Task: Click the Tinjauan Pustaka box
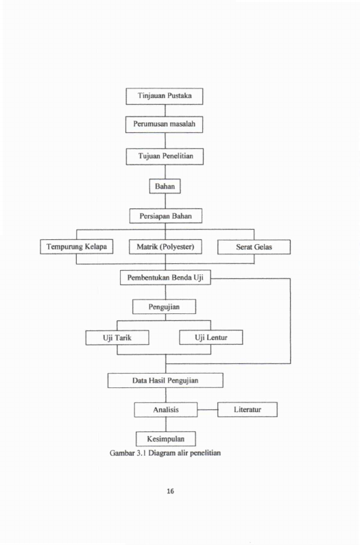click(x=165, y=96)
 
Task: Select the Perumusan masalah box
click(x=164, y=125)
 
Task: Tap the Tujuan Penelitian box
click(x=165, y=156)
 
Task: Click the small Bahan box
click(x=165, y=186)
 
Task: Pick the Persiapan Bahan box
click(x=165, y=216)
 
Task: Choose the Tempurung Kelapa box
click(x=77, y=247)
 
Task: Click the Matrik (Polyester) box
click(x=165, y=247)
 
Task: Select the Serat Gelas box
click(x=254, y=247)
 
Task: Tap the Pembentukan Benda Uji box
click(x=165, y=278)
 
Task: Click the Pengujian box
click(x=164, y=306)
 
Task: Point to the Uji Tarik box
click(x=117, y=337)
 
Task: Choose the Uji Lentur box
click(x=211, y=337)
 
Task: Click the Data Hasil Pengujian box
click(x=165, y=380)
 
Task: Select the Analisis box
click(x=166, y=410)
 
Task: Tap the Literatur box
click(x=248, y=409)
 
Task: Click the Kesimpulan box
click(x=165, y=439)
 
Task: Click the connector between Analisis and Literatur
click(x=208, y=410)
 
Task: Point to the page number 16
click(x=170, y=491)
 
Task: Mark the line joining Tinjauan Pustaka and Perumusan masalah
click(x=165, y=110)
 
